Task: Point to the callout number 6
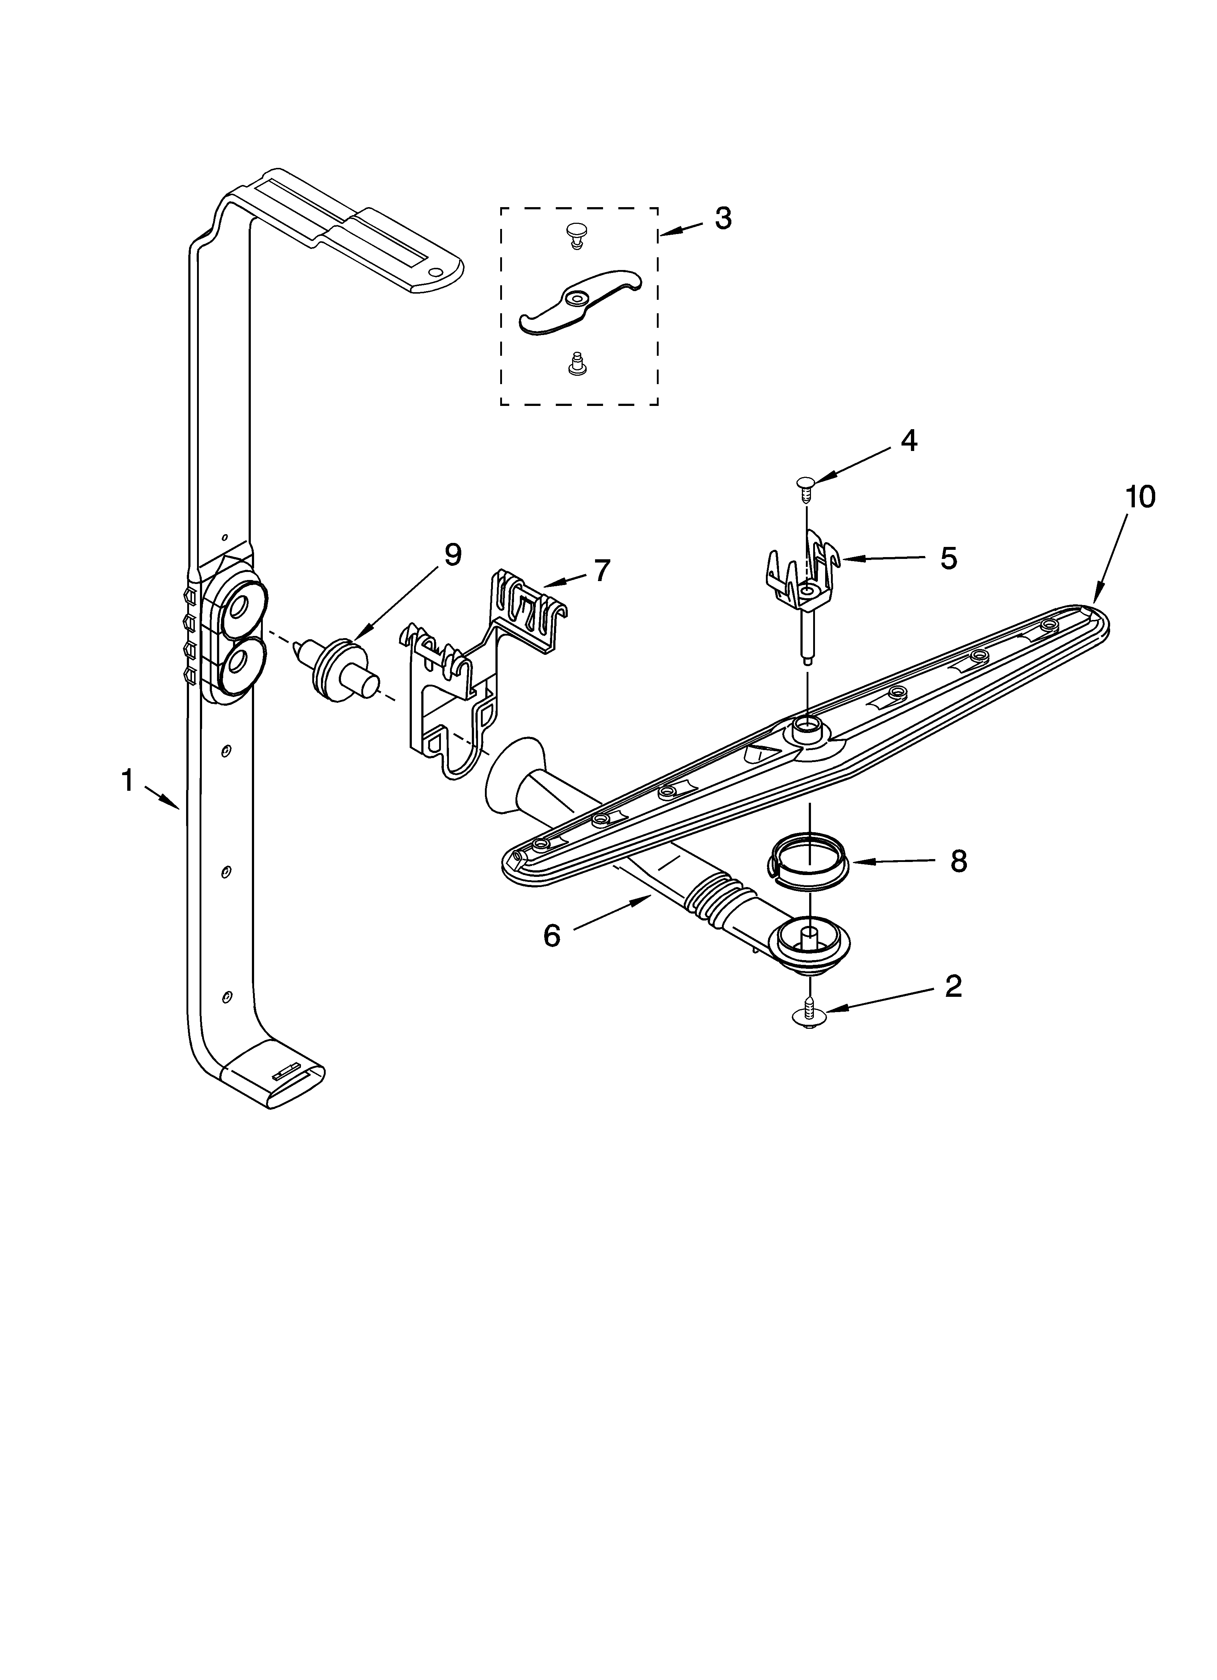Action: pyautogui.click(x=551, y=936)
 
